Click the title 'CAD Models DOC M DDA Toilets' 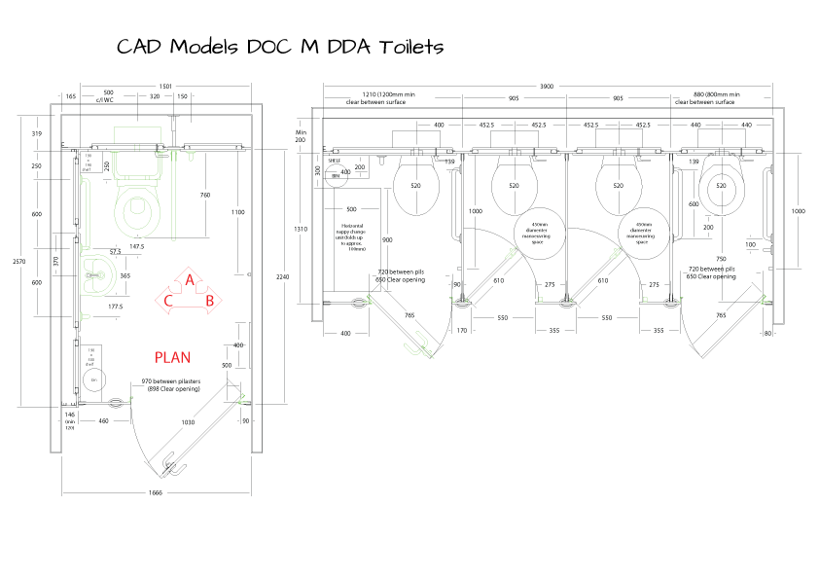click(x=280, y=48)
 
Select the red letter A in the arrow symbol click(x=191, y=281)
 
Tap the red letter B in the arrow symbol click(x=209, y=300)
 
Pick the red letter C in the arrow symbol click(x=169, y=300)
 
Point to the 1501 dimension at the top click(x=165, y=87)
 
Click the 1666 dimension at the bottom click(x=156, y=492)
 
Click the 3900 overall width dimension click(x=548, y=87)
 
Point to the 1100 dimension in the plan click(x=238, y=212)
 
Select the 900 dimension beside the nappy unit click(x=387, y=239)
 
